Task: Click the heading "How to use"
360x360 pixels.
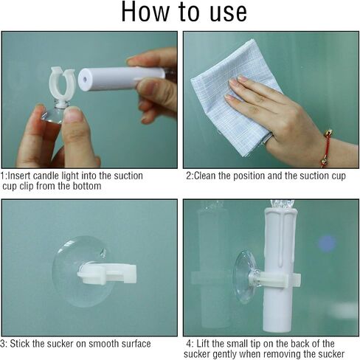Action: pos(184,12)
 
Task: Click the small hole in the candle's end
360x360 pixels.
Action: pos(85,80)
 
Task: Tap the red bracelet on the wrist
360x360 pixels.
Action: pos(326,149)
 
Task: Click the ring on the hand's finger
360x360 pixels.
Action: pos(268,139)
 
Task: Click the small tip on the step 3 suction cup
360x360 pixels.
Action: pos(103,253)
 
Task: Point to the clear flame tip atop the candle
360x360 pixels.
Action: pos(282,204)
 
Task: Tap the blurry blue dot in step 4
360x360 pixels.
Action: pos(328,243)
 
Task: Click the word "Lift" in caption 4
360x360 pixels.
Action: pos(201,344)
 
